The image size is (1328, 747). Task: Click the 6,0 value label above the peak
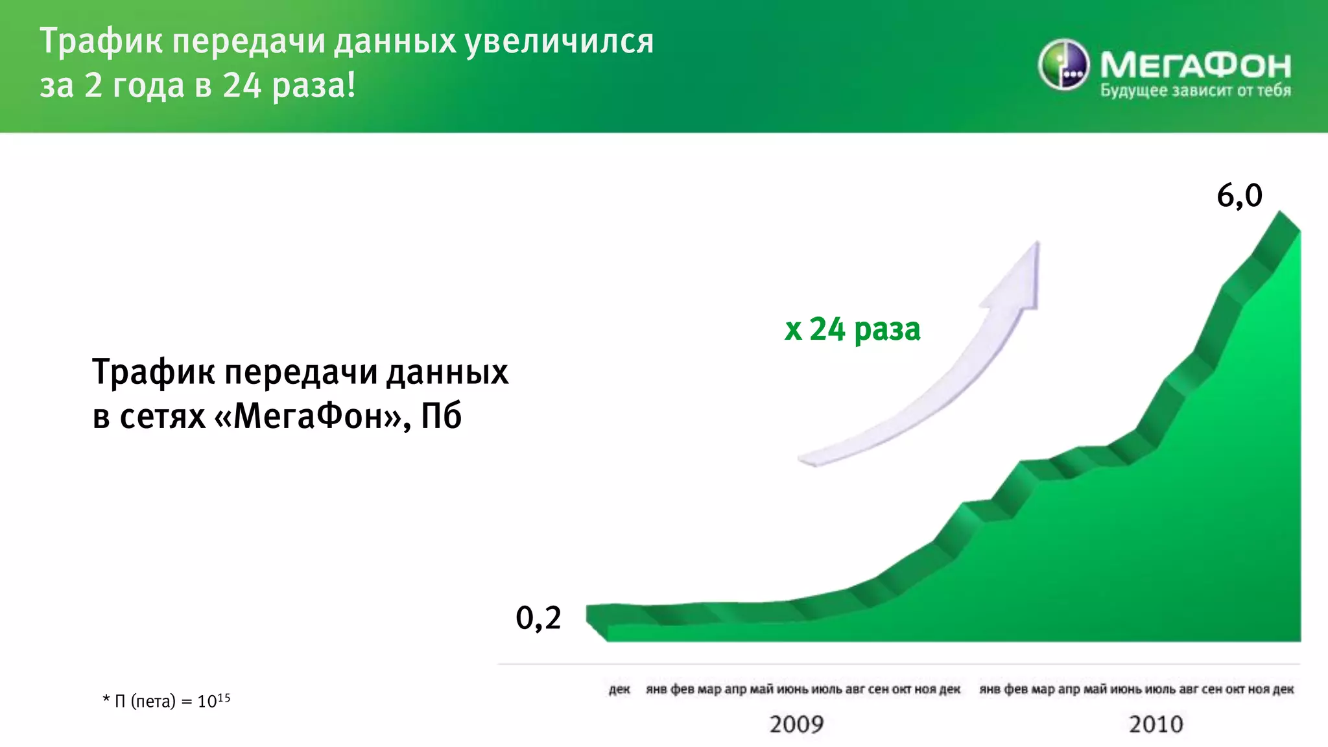click(1239, 195)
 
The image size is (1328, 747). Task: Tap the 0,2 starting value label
click(538, 617)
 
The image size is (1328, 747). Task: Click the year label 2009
click(796, 724)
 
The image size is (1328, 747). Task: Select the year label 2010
click(1156, 724)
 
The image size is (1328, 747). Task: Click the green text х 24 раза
click(852, 329)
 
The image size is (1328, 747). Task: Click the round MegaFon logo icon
click(1063, 64)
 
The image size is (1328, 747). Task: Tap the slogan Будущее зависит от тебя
click(1195, 91)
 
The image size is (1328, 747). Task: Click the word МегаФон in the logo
click(1195, 65)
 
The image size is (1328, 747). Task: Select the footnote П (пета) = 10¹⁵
click(167, 701)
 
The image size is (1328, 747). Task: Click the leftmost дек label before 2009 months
click(619, 689)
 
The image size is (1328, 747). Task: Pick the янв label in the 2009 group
click(656, 689)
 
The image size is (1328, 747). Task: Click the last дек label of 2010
click(1283, 689)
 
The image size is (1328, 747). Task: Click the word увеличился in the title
click(560, 41)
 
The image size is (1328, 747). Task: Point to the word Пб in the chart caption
click(441, 416)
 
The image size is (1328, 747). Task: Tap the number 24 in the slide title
click(242, 86)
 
